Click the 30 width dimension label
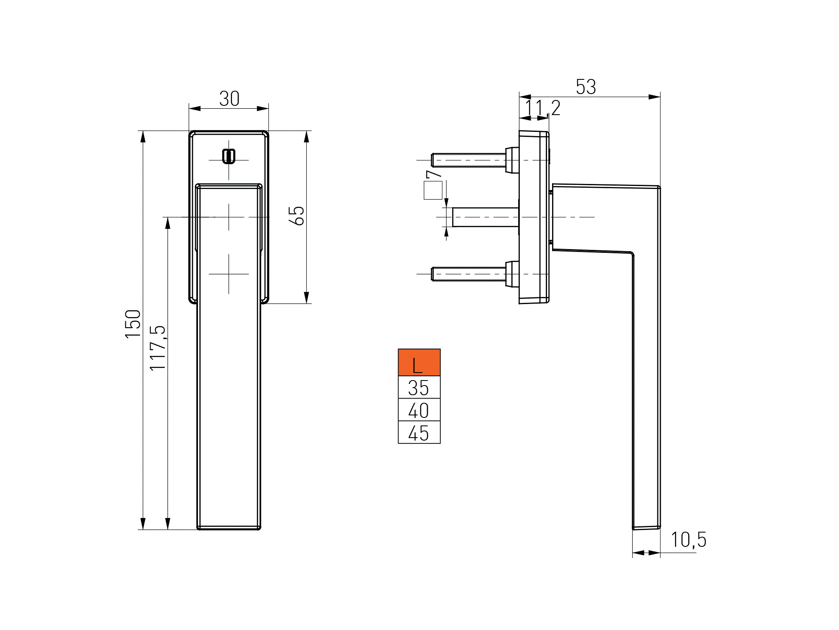pos(229,99)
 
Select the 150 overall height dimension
pos(133,323)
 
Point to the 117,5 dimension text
pos(158,348)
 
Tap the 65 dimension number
pos(297,216)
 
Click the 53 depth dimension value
pos(586,87)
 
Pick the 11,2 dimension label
pos(542,108)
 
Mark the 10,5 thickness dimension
pos(688,540)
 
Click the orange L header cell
pos(419,362)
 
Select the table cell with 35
pos(419,387)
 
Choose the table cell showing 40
pos(419,410)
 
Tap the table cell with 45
pos(419,433)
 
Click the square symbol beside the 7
pos(433,190)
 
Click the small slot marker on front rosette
pos(229,156)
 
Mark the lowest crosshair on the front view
pos(229,274)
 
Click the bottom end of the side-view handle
pos(646,527)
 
